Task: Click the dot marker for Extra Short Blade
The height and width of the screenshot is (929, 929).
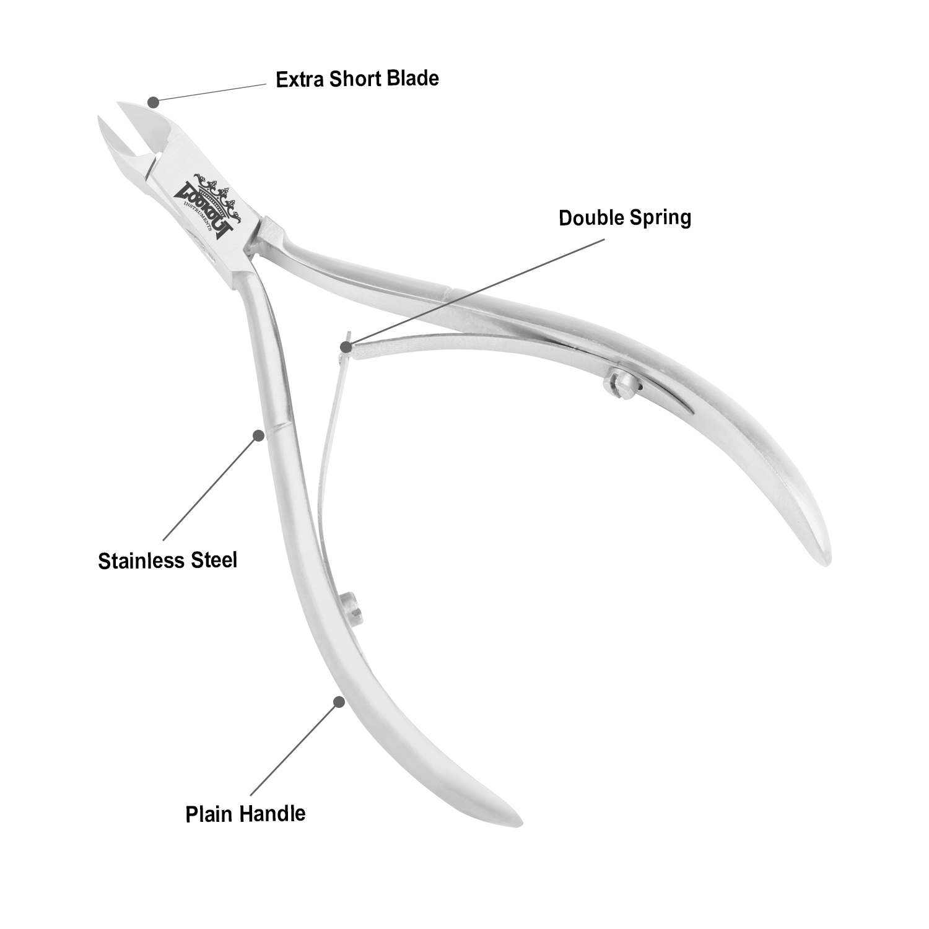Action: point(153,100)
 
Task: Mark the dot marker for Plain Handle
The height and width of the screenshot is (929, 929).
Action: point(339,702)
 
